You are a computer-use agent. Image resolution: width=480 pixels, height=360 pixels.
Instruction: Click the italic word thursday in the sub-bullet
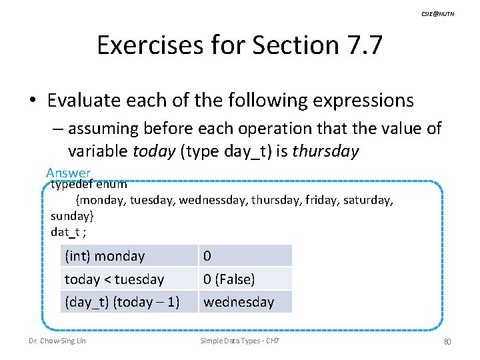tap(326, 151)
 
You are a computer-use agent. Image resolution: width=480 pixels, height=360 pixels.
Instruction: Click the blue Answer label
tap(69, 173)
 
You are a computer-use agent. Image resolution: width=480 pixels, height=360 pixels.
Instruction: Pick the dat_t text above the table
tap(65, 231)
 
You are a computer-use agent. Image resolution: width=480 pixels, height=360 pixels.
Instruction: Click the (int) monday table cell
tap(105, 256)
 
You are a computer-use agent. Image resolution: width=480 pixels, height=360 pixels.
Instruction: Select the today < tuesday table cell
tap(114, 279)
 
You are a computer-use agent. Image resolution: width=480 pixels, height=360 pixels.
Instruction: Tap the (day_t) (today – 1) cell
tap(122, 302)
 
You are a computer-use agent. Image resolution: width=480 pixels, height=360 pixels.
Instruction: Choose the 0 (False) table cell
tap(229, 279)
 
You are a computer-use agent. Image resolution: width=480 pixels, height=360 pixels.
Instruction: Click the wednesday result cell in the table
tap(239, 302)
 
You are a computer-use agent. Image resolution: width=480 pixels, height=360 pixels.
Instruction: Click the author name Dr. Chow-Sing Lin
tap(57, 341)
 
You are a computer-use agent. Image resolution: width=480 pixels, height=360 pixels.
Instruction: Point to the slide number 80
tap(447, 342)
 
